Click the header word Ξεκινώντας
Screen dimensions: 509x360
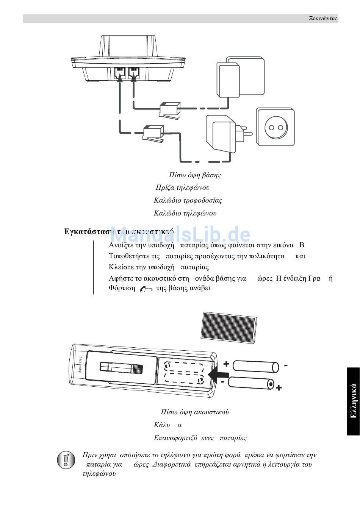(322, 19)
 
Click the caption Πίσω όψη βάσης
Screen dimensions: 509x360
(195, 175)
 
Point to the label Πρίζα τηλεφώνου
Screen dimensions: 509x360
(183, 187)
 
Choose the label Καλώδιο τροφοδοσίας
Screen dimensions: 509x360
(188, 200)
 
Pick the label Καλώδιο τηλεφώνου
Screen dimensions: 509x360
(185, 213)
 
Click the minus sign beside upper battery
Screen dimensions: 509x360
(286, 365)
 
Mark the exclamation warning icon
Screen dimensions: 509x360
(66, 460)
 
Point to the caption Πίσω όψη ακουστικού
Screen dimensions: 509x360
(195, 412)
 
